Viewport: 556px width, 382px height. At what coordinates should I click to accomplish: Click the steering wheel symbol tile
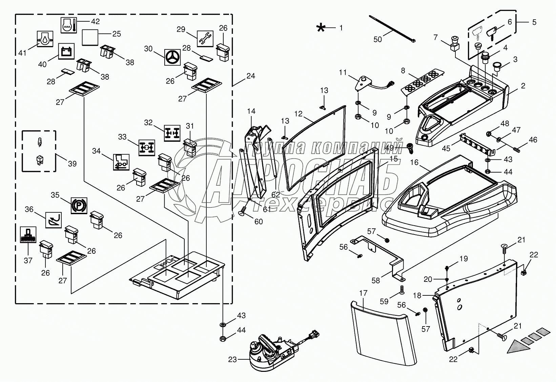pyautogui.click(x=172, y=57)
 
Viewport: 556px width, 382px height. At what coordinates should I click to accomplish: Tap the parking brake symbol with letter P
pyautogui.click(x=79, y=205)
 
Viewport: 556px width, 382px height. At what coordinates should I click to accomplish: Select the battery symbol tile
pyautogui.click(x=66, y=51)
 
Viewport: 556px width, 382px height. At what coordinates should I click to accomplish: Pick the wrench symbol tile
pyautogui.click(x=205, y=39)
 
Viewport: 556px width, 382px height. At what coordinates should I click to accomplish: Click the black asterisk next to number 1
pyautogui.click(x=321, y=28)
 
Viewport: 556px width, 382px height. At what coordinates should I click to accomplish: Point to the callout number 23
pyautogui.click(x=232, y=360)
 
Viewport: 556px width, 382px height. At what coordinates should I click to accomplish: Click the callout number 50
pyautogui.click(x=377, y=39)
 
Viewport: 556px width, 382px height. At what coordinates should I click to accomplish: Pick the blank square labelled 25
pyautogui.click(x=90, y=37)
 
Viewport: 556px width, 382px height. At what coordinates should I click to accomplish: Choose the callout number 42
pyautogui.click(x=95, y=22)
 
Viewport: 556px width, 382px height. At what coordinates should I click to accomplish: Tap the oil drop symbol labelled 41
pyautogui.click(x=45, y=39)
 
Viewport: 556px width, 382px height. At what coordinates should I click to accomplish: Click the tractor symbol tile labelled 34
pyautogui.click(x=121, y=162)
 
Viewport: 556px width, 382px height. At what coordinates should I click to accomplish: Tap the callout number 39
pyautogui.click(x=72, y=164)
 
